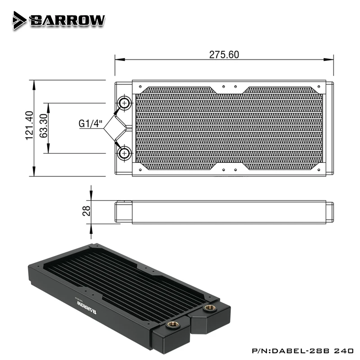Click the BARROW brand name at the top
(67, 20)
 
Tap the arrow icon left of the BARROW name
(19, 20)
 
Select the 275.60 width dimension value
(224, 54)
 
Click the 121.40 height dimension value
(30, 126)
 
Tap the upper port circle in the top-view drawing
(124, 103)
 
